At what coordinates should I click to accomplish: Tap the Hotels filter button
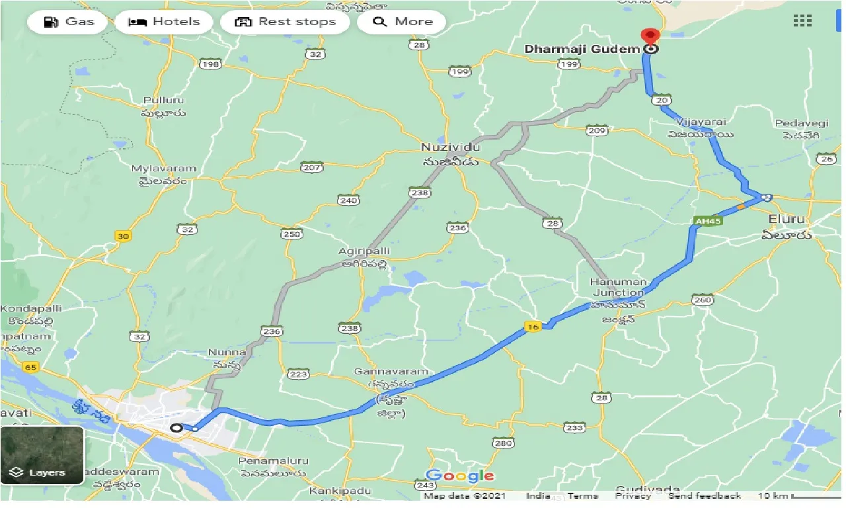pyautogui.click(x=163, y=22)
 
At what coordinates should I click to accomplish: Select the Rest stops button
pyautogui.click(x=286, y=22)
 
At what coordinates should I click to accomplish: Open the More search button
pyautogui.click(x=402, y=22)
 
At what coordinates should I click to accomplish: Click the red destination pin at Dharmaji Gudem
pyautogui.click(x=651, y=37)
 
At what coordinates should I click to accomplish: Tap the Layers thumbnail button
pyautogui.click(x=42, y=455)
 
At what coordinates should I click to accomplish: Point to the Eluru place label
pyautogui.click(x=787, y=218)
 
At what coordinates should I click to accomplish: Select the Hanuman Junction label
pyautogui.click(x=617, y=287)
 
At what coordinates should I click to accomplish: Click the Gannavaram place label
pyautogui.click(x=391, y=372)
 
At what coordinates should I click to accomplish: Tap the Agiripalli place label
pyautogui.click(x=364, y=251)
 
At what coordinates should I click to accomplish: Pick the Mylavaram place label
pyautogui.click(x=164, y=169)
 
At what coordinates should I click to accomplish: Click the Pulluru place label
pyautogui.click(x=164, y=101)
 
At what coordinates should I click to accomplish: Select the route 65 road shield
pyautogui.click(x=30, y=366)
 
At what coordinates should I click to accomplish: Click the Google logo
pyautogui.click(x=460, y=476)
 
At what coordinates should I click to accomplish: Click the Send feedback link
pyautogui.click(x=704, y=496)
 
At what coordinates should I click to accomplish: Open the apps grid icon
pyautogui.click(x=802, y=21)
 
